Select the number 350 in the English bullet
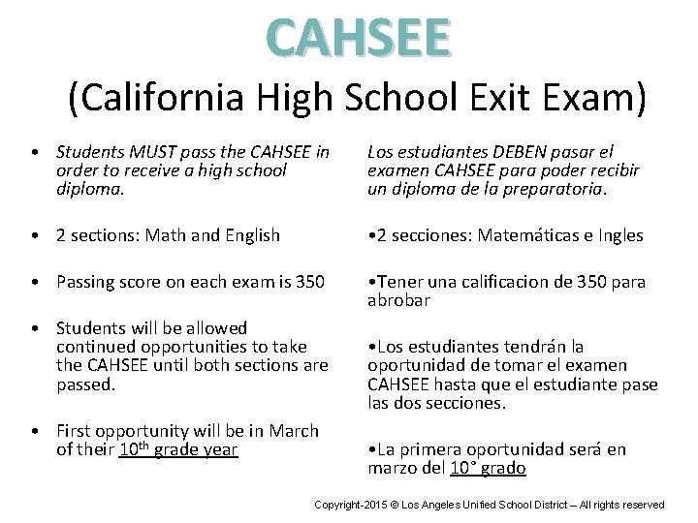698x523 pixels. [x=311, y=282]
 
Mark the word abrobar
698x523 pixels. [x=398, y=301]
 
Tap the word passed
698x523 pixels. [x=86, y=384]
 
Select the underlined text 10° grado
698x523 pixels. [x=489, y=469]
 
